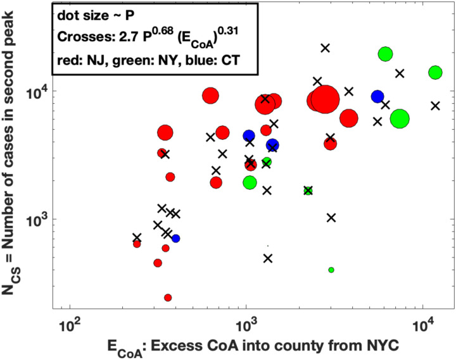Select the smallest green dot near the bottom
[331, 270]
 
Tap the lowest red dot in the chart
[168, 297]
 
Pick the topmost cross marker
[326, 47]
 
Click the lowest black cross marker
[268, 258]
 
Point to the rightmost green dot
[435, 73]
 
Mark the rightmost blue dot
[377, 96]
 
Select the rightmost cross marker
[435, 106]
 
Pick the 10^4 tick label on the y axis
[49, 91]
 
